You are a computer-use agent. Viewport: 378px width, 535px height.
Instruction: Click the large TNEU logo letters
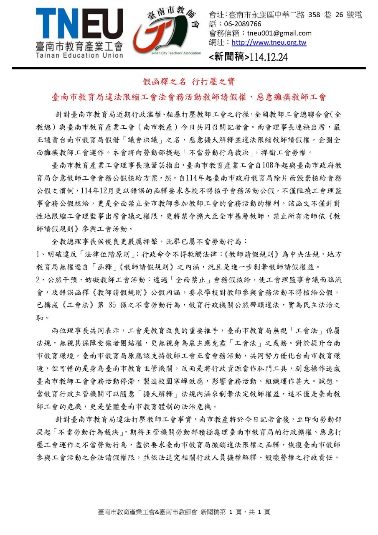[x=79, y=23]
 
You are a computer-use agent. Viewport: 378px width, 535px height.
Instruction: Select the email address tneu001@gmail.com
[x=279, y=33]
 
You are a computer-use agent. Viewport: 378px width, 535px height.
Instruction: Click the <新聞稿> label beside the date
[x=228, y=57]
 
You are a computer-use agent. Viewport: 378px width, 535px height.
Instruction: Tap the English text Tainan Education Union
[x=79, y=55]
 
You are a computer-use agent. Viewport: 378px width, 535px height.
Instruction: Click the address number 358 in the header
[x=314, y=15]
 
